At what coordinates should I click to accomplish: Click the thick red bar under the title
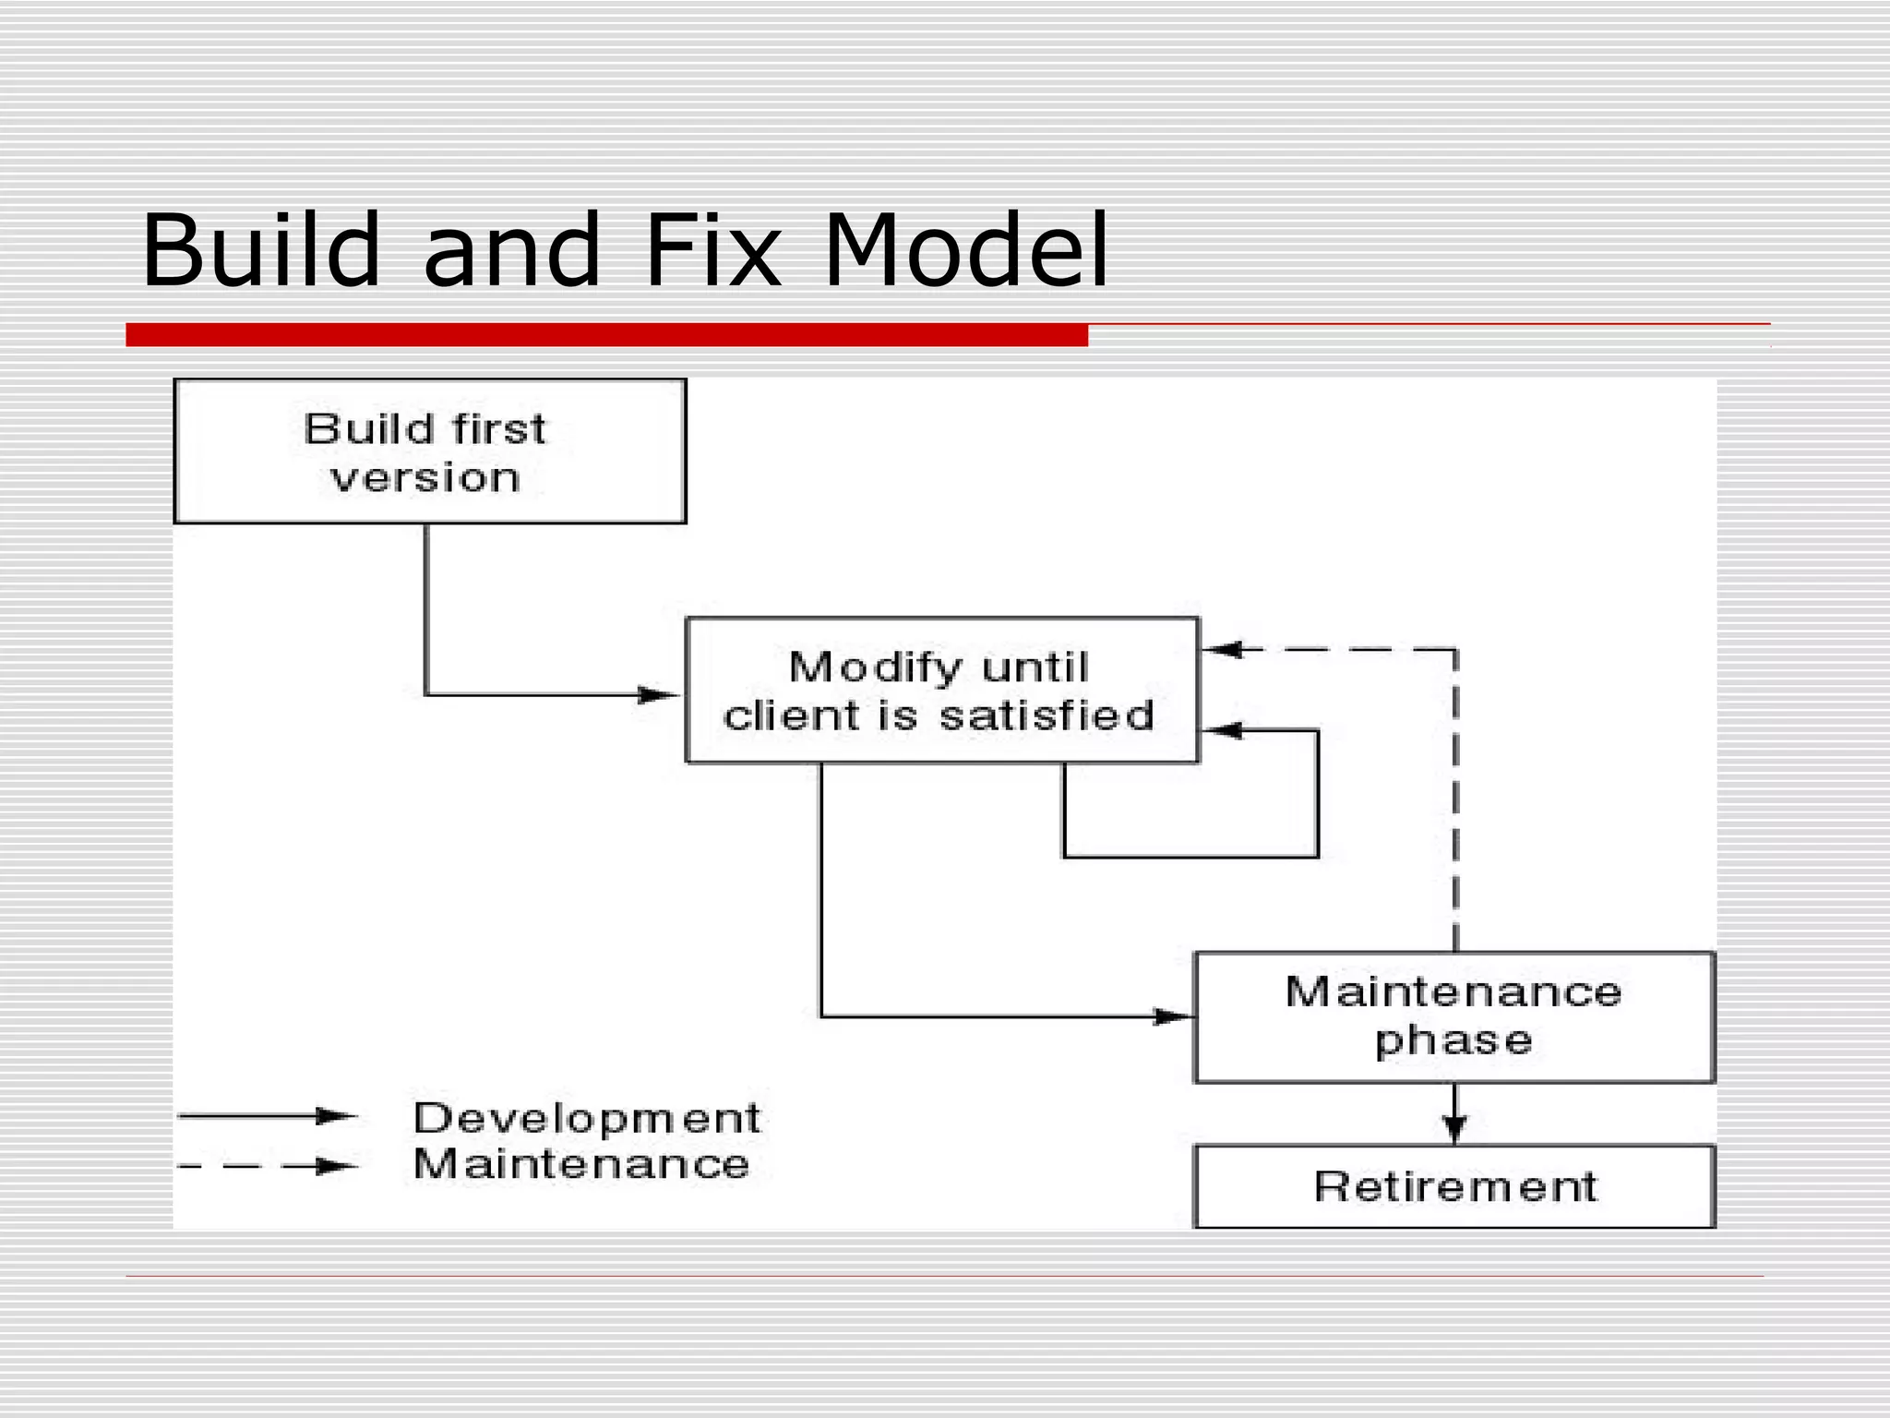(606, 335)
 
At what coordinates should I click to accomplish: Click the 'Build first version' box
(430, 451)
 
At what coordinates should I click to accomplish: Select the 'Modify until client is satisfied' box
(941, 691)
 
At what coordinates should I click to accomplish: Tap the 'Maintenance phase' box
(1453, 1017)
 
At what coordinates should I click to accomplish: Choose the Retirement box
(1453, 1186)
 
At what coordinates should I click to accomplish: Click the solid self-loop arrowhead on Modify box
(1224, 731)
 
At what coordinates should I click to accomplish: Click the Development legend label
(586, 1118)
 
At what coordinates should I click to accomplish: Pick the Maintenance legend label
(580, 1164)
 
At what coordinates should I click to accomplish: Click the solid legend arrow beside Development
(268, 1116)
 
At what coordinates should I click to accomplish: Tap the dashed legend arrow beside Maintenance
(268, 1167)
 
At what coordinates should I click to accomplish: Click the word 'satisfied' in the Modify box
(1047, 715)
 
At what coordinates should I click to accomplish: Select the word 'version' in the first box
(425, 478)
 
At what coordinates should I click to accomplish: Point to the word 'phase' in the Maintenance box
(1453, 1041)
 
